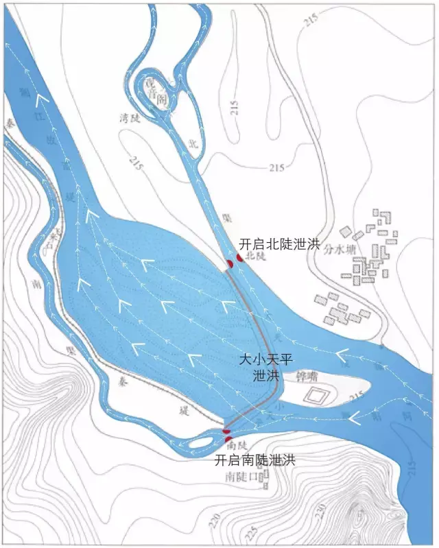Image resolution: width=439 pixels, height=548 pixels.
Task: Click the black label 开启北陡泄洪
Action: tap(280, 243)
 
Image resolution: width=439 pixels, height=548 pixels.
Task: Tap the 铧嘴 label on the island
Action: tap(305, 377)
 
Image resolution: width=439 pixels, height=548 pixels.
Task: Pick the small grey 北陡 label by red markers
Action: tap(254, 256)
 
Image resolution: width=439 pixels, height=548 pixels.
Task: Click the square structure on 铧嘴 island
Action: tap(316, 396)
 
